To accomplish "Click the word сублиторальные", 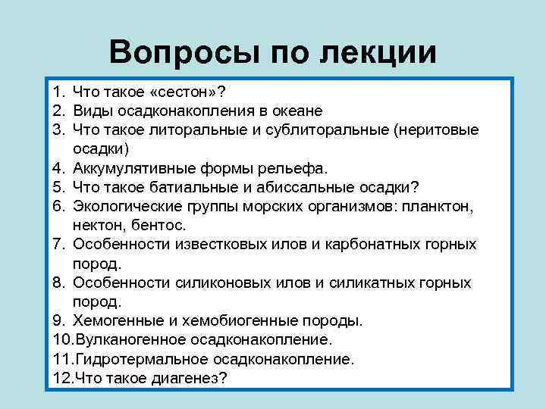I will [x=327, y=130].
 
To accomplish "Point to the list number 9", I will [x=59, y=320].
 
